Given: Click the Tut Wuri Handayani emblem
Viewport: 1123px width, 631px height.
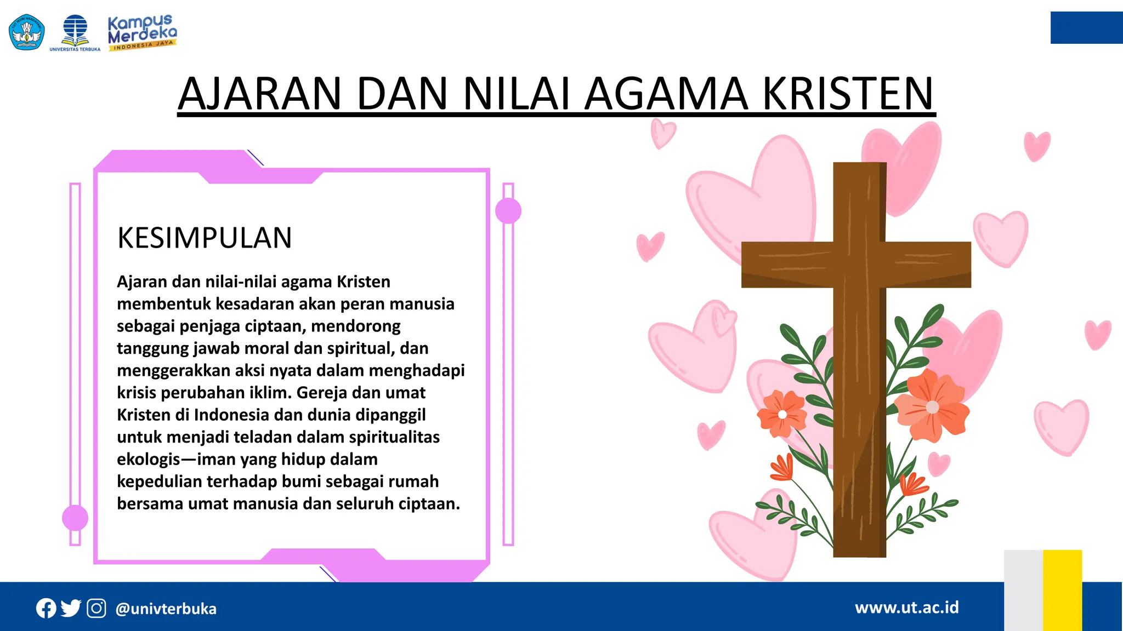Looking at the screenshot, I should [26, 32].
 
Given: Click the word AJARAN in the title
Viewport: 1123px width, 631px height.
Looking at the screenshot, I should [260, 94].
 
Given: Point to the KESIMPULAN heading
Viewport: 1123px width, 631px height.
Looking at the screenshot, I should [205, 238].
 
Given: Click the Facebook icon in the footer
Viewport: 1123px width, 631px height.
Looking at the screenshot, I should [46, 609].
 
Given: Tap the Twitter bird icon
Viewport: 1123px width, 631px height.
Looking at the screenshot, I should [71, 608].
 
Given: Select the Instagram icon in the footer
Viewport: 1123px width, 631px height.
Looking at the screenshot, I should [97, 609].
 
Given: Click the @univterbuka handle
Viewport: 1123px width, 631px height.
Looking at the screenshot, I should [166, 609].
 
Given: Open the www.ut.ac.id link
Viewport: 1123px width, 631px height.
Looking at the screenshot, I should [906, 607].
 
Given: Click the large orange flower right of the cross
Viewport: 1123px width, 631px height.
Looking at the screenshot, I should [932, 406].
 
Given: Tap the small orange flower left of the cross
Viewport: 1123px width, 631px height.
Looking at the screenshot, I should [782, 415].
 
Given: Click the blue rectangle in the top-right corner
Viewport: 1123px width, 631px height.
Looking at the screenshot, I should [1086, 27].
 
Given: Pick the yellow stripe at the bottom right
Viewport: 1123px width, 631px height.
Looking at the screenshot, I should [1062, 590].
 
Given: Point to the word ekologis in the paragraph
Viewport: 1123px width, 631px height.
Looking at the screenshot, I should [149, 460].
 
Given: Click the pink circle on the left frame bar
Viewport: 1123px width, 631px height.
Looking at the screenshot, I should [75, 518].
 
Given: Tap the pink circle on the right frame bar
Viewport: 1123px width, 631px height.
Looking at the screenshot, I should [508, 211].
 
